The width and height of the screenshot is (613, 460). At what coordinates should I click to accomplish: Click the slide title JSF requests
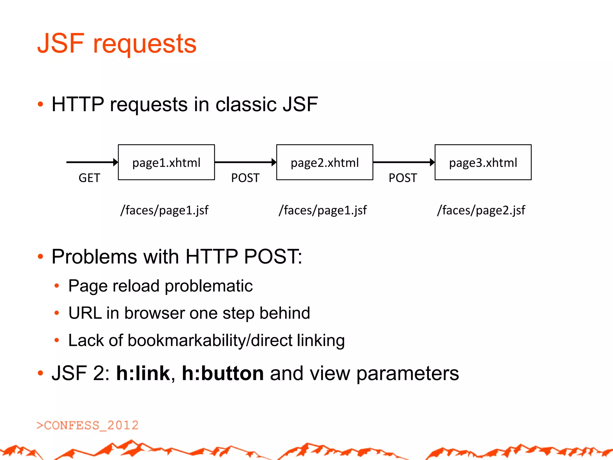pos(117,44)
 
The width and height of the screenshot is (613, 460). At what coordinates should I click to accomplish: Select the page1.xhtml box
pos(166,162)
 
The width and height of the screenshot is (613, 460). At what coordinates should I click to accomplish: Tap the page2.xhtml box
pos(325,162)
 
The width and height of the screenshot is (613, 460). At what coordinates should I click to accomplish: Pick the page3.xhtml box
pos(483,162)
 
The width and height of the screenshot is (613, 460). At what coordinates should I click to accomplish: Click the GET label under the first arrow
pos(89,178)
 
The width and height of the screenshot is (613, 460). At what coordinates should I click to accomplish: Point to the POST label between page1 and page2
pos(245,178)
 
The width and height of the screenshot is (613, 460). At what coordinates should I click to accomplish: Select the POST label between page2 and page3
pos(403,178)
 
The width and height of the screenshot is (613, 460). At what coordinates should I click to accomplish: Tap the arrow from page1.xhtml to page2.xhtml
pos(245,162)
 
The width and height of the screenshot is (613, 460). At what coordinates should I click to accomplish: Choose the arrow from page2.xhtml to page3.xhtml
pos(404,162)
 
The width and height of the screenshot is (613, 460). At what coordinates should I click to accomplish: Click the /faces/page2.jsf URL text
pos(481,210)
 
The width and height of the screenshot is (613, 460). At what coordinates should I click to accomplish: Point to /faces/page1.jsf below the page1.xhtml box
pos(164,210)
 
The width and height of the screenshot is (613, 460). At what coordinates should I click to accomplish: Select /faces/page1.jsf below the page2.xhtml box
pos(323,210)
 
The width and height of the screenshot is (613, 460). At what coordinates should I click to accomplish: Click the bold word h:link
pos(143,373)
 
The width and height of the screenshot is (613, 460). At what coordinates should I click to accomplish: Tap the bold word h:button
pos(223,373)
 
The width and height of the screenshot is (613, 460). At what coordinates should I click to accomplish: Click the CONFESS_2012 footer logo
pos(87,425)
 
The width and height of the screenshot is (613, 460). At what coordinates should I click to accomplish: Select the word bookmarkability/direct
pos(210,341)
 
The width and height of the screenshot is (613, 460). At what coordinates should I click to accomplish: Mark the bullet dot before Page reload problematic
pos(57,286)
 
